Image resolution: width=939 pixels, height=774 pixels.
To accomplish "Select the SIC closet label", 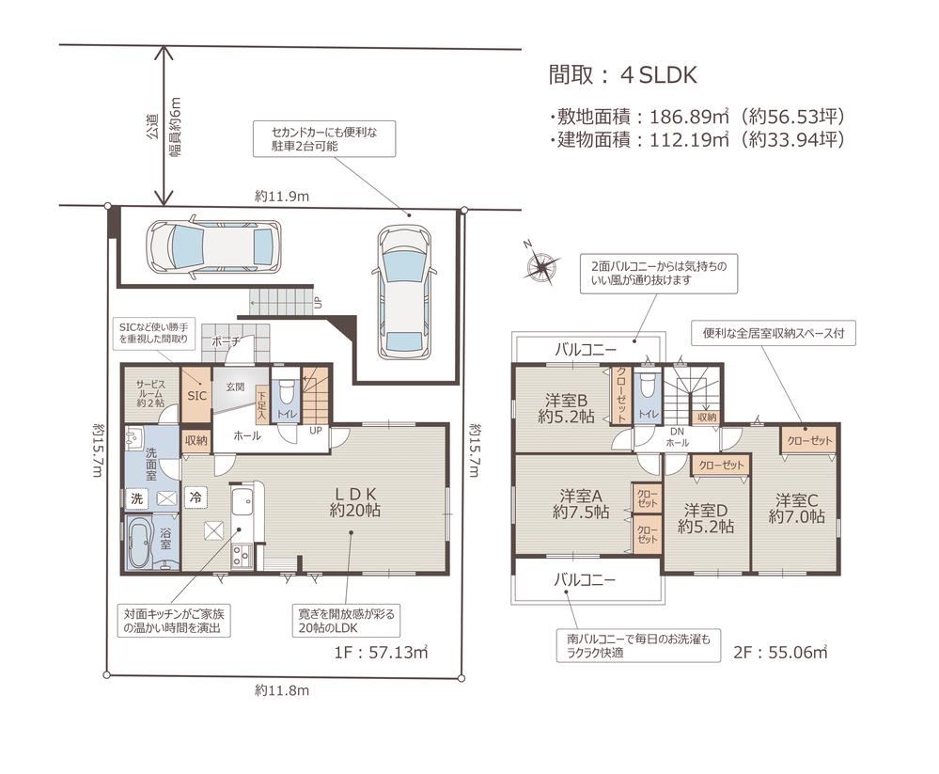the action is click(196, 395).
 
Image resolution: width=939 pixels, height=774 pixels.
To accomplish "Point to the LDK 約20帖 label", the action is click(354, 502).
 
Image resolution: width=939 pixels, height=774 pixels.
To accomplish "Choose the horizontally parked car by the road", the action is click(213, 246).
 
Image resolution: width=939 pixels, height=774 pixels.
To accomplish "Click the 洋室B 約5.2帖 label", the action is click(565, 408).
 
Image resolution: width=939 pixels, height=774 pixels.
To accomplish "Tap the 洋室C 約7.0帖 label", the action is click(796, 508).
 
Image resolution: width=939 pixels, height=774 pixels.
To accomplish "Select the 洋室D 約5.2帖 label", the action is click(706, 518).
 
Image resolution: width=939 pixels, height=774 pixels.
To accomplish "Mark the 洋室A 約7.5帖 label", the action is click(580, 504).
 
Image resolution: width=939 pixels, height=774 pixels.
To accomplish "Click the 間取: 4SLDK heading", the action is click(623, 75).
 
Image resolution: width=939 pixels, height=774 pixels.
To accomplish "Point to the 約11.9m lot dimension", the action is click(281, 196).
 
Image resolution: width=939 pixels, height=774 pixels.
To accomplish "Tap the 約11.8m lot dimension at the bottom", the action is click(282, 690).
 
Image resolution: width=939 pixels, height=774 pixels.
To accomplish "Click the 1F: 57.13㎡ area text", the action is click(381, 652).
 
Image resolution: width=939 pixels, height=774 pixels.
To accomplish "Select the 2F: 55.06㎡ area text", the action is click(780, 652).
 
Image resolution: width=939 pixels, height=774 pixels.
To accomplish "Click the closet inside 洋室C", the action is click(807, 440).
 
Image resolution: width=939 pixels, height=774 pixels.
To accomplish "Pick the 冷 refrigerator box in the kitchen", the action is click(196, 497).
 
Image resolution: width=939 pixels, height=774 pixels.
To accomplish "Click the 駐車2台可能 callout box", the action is click(324, 139).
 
